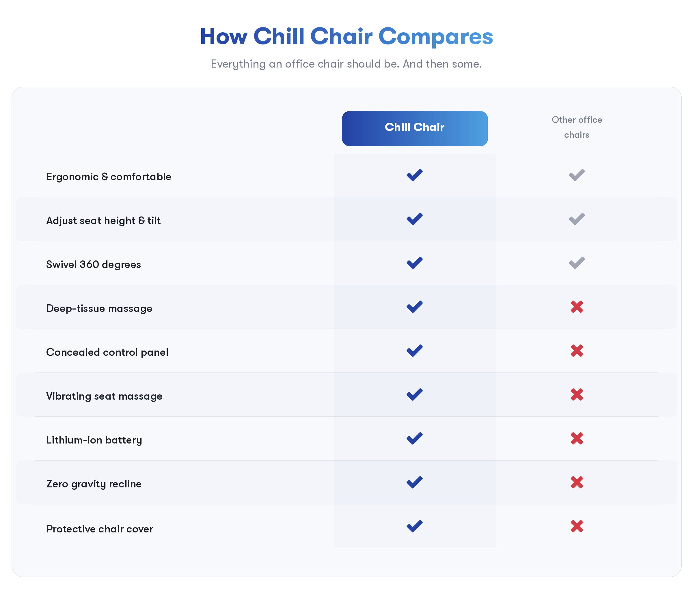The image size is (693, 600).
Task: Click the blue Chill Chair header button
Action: (414, 128)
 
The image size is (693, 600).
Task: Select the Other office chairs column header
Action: (577, 127)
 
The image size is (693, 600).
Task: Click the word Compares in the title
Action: (435, 36)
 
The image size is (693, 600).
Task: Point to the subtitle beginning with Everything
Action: (346, 64)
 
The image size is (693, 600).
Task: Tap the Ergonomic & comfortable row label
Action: (109, 176)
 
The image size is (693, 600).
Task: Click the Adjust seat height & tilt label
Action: (103, 220)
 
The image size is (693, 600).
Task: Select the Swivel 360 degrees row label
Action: (93, 264)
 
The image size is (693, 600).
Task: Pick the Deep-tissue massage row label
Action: (99, 308)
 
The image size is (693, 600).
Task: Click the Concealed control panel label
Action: (107, 352)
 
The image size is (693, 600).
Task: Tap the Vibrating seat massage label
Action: (104, 396)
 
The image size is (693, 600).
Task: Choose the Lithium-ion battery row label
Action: (94, 440)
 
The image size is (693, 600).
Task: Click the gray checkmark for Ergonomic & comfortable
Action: (577, 175)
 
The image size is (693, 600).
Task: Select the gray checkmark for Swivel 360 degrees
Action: (577, 263)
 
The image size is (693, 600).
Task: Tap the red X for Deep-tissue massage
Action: (577, 307)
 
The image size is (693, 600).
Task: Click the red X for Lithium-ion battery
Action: (577, 438)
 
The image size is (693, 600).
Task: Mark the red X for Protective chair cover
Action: (577, 526)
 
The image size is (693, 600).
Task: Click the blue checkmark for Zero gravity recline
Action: (414, 482)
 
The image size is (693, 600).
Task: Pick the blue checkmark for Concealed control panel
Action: (414, 351)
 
